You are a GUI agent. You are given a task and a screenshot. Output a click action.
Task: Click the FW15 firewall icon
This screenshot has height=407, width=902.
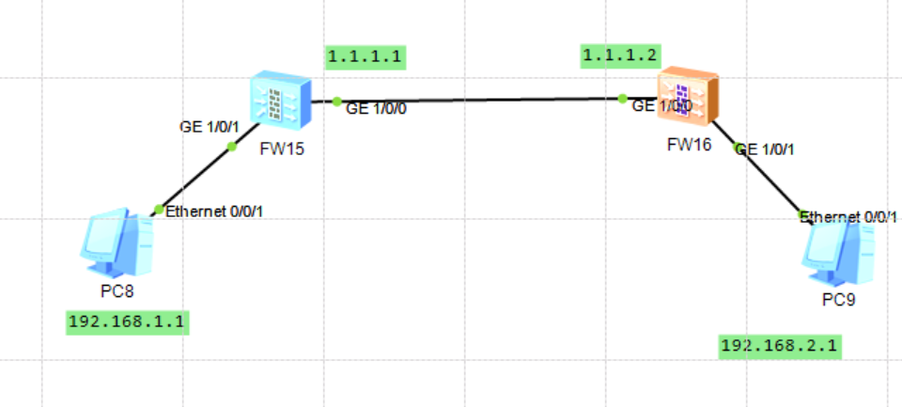pos(278,101)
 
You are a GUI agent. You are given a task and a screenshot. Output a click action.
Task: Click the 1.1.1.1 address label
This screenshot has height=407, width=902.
pos(365,56)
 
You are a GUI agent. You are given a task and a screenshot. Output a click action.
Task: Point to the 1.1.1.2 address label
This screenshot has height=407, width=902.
pos(620,56)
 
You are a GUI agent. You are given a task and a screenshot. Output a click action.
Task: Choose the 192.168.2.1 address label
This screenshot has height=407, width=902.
pos(780,346)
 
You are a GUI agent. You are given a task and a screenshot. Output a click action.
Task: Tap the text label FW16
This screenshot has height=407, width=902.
pos(690,146)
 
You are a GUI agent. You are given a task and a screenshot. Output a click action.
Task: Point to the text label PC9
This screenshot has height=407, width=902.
pos(838,301)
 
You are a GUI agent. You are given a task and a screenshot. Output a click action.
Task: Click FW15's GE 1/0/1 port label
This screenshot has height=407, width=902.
pos(210,126)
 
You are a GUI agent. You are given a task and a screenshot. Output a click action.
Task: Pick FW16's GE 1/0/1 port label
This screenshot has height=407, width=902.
pos(767,149)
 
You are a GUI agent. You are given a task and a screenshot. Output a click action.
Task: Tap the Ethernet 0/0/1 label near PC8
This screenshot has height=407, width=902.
pos(214,211)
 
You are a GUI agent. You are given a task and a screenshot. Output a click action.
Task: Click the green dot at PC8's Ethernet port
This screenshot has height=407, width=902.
pos(158,209)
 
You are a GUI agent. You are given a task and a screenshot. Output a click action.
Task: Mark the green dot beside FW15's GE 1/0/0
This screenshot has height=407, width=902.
pos(336,101)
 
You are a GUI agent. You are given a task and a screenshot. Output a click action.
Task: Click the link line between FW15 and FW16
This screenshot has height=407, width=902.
pos(479,99)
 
